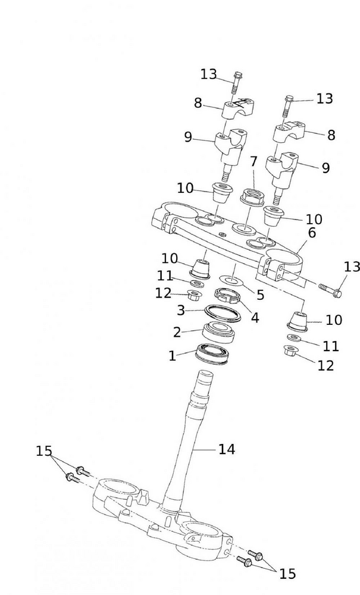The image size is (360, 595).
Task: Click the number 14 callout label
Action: [227, 450]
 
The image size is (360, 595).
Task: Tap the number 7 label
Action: [253, 161]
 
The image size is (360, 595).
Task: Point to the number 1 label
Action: [173, 356]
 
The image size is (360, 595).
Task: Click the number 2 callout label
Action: [177, 332]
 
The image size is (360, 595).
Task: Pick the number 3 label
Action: [181, 310]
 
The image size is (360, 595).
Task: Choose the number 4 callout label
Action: [255, 317]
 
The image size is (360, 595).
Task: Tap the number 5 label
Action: [260, 295]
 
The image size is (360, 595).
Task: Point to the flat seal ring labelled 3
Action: [223, 312]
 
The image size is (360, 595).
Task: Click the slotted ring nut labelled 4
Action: [227, 295]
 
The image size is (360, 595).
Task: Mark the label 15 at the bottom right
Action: [287, 574]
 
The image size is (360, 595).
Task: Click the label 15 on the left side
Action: [44, 451]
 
